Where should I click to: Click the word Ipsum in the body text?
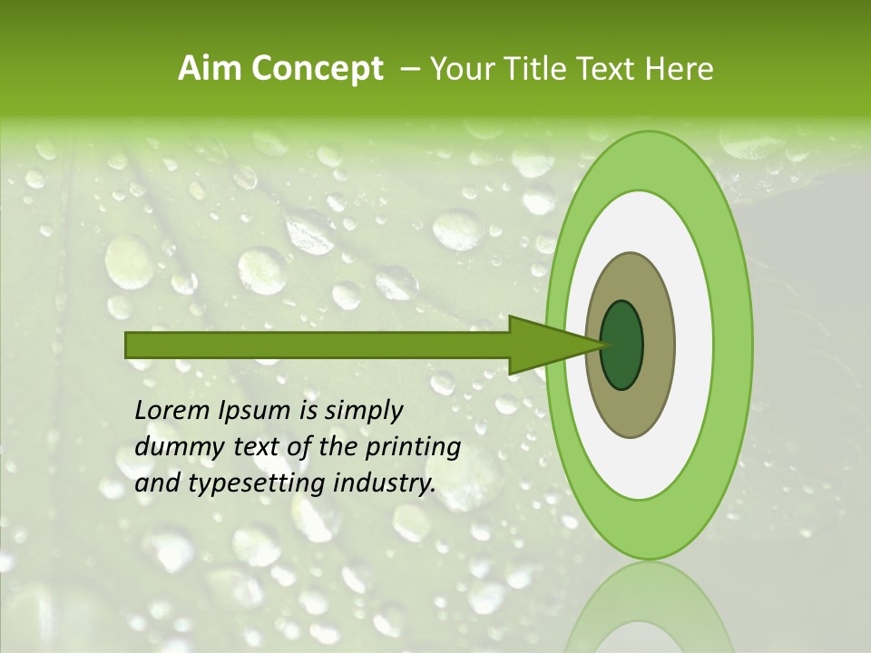point(256,411)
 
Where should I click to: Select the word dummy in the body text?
point(173,447)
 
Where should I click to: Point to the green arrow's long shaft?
point(318,345)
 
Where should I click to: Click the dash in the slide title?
point(409,69)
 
